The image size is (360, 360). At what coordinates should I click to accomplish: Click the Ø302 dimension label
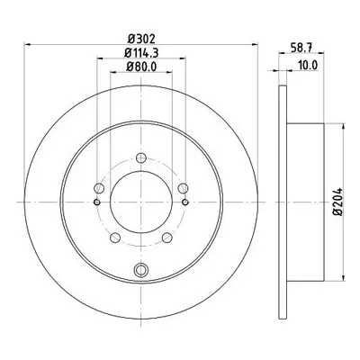click(141, 39)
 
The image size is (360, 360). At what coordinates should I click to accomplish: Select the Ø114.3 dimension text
click(141, 53)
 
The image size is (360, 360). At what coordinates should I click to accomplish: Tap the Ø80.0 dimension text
click(141, 67)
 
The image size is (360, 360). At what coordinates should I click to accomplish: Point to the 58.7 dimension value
click(302, 47)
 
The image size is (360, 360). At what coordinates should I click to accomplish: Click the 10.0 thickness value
click(308, 65)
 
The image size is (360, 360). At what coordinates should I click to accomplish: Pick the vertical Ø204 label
click(338, 202)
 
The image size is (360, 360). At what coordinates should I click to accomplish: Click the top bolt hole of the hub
click(141, 157)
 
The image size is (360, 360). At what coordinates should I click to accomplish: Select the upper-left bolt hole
click(99, 188)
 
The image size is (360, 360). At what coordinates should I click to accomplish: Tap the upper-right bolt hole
click(183, 188)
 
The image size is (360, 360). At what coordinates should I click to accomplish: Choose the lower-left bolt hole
click(115, 238)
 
